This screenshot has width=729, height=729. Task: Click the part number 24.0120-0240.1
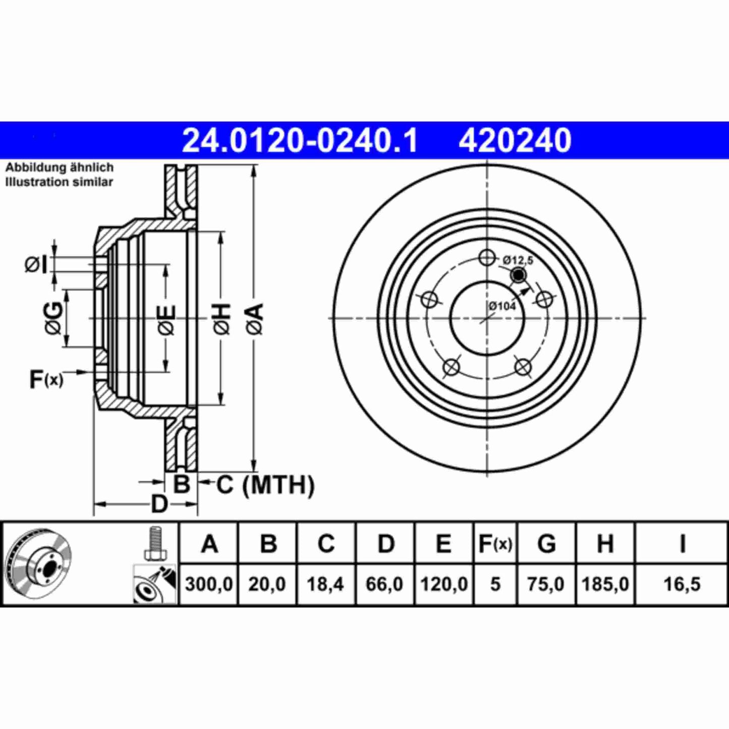pos(300,141)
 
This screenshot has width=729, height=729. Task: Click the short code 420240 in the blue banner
pos(515,141)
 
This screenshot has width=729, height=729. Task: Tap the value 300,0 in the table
pos(209,584)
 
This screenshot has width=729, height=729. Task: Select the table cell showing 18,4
pos(325,584)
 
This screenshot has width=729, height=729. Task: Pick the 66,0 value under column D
pos(384,584)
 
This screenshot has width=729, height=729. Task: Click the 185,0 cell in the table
pos(605,584)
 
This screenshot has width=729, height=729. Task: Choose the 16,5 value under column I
pos(682,584)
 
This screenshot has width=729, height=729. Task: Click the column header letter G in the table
pos(546,544)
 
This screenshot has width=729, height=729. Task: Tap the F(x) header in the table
pos(495,544)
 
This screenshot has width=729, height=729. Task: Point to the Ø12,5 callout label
pos(518,260)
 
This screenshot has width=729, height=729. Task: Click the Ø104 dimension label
pos(502,306)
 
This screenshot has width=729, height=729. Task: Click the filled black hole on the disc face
pos(518,275)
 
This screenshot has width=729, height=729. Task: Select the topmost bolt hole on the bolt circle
pos(487,257)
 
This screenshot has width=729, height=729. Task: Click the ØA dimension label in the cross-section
pos(255,319)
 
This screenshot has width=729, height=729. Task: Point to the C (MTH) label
pos(265,485)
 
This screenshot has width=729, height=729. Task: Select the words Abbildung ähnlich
pos(59,167)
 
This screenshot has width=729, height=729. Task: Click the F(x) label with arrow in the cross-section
pos(46,379)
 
